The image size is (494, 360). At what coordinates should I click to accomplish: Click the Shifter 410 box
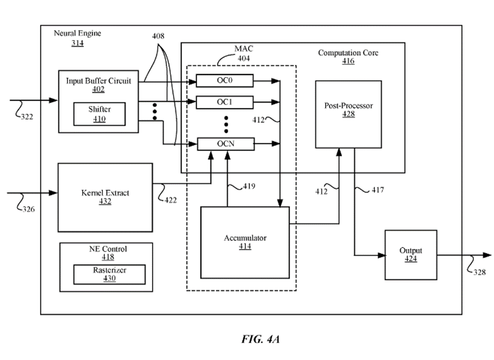(x=99, y=114)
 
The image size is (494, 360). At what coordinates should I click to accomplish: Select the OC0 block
(x=224, y=80)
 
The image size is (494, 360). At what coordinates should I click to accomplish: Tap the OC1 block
(x=224, y=102)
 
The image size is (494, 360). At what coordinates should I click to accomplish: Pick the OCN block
(x=224, y=145)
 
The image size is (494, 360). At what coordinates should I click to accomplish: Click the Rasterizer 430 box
(x=109, y=274)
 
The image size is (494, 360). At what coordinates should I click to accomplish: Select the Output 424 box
(x=410, y=255)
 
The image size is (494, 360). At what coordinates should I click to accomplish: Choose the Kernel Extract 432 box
(x=105, y=197)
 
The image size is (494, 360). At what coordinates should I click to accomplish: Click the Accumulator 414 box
(x=245, y=242)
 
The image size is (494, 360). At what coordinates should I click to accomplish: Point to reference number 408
(x=158, y=37)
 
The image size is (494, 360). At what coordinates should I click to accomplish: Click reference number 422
(x=171, y=200)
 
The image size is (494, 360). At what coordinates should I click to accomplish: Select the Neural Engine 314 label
(x=78, y=38)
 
